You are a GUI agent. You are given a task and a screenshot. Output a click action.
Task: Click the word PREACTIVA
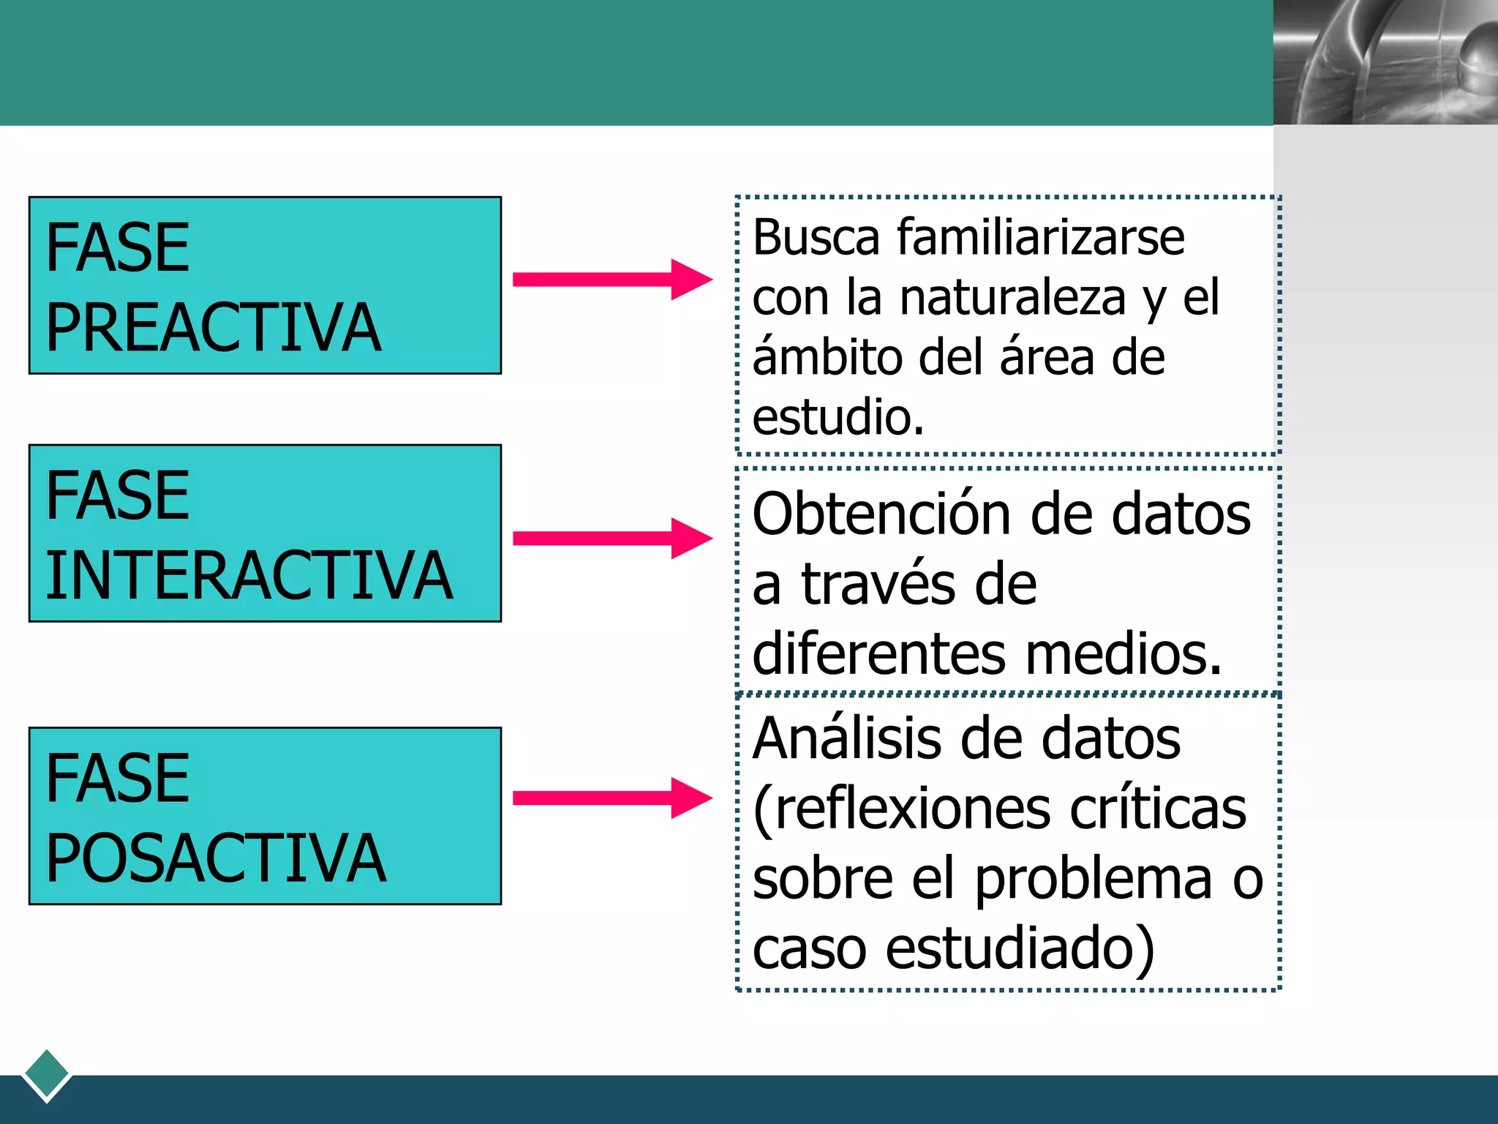213,328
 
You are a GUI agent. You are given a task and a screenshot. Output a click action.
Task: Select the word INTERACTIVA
249,576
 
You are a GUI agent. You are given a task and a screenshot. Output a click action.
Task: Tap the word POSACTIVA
215,858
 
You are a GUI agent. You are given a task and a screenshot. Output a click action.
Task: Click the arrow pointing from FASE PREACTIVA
611,279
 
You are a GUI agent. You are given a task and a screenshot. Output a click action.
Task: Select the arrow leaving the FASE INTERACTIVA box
611,539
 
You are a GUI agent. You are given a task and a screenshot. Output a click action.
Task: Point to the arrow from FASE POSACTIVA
611,798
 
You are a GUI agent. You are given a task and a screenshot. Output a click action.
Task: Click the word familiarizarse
1040,238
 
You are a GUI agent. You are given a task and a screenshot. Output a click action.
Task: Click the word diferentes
878,653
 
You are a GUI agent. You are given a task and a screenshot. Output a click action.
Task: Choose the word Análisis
846,738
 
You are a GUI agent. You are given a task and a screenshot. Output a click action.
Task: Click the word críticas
1158,809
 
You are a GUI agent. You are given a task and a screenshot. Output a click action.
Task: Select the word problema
1093,879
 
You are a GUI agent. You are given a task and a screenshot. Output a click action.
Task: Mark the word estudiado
1020,948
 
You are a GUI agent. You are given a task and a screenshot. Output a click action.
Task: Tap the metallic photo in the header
1385,62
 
